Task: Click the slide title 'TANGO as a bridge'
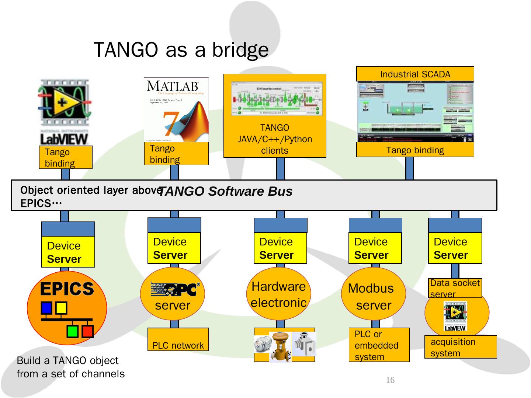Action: [181, 50]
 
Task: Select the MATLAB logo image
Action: [176, 110]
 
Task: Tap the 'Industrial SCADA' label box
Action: [415, 74]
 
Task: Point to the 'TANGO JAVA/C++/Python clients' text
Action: [275, 139]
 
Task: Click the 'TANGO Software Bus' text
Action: [225, 191]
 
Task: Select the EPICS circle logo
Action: [67, 308]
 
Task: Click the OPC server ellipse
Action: [173, 294]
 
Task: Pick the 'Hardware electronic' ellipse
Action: [279, 294]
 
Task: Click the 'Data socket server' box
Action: [455, 288]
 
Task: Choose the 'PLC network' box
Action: [178, 339]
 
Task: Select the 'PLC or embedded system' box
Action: [379, 345]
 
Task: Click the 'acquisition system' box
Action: [461, 347]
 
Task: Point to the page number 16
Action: [390, 380]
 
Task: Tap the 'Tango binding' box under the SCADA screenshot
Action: [415, 150]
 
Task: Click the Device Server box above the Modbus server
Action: [375, 248]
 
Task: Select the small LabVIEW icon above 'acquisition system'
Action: [455, 316]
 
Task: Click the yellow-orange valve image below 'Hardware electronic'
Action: [280, 347]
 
